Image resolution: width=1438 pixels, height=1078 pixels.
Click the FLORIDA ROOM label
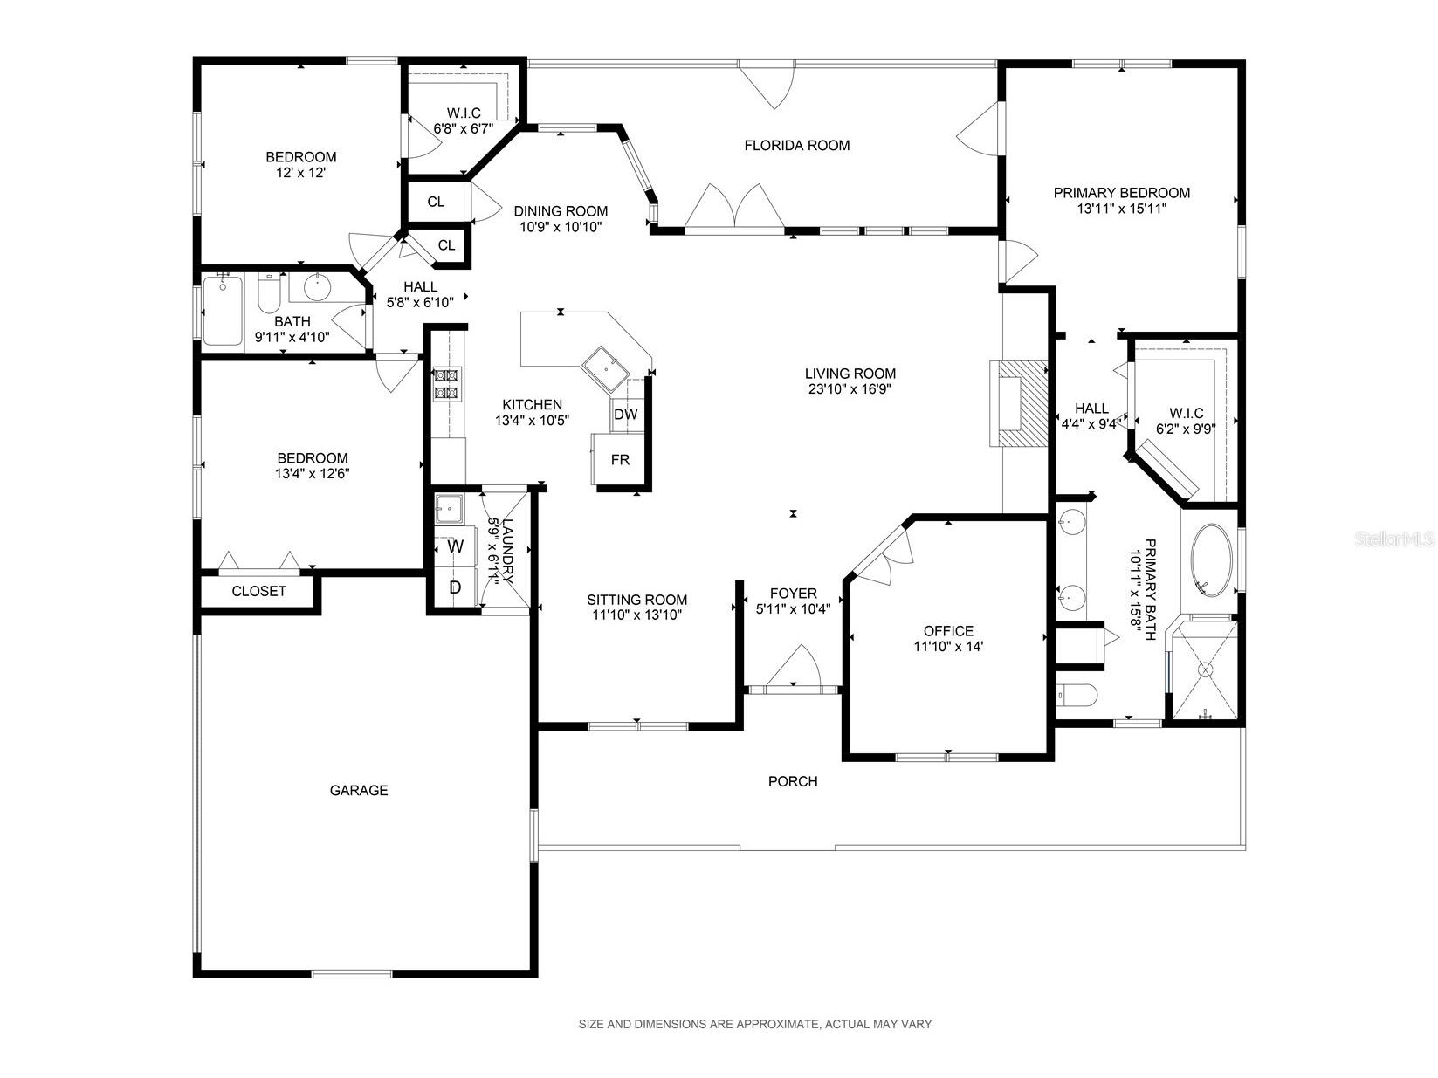(796, 146)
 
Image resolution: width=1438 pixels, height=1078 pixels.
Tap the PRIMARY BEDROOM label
(1122, 193)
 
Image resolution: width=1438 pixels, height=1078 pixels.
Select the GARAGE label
(358, 791)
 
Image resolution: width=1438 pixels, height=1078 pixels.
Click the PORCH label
(793, 781)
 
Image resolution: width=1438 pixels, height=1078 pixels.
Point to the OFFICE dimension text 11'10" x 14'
(948, 647)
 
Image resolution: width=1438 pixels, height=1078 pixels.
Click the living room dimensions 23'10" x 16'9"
(850, 389)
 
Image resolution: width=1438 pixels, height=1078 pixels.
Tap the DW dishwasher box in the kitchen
(626, 414)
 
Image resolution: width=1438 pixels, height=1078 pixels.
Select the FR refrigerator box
(619, 459)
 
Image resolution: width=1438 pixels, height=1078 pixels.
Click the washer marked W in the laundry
(455, 546)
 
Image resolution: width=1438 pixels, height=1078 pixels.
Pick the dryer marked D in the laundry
(455, 587)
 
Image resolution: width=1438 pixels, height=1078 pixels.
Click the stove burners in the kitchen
(448, 384)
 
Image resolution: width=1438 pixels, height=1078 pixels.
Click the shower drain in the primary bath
(1206, 669)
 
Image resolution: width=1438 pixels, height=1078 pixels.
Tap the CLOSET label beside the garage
(258, 592)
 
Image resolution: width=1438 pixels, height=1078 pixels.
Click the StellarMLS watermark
(1394, 539)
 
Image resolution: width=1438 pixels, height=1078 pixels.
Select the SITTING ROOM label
(636, 600)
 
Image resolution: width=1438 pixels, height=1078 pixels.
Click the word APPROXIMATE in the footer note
(778, 1024)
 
